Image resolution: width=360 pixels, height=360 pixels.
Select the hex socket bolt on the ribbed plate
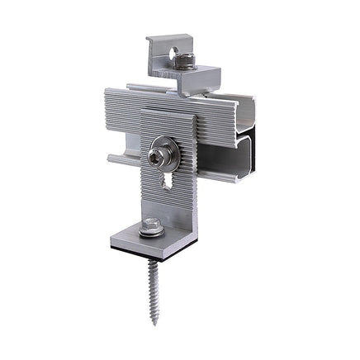coord(159,154)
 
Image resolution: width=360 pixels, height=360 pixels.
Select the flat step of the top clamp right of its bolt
coord(210,75)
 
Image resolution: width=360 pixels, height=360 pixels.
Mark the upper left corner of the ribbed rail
coord(109,92)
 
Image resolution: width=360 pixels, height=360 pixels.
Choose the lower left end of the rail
coord(110,157)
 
